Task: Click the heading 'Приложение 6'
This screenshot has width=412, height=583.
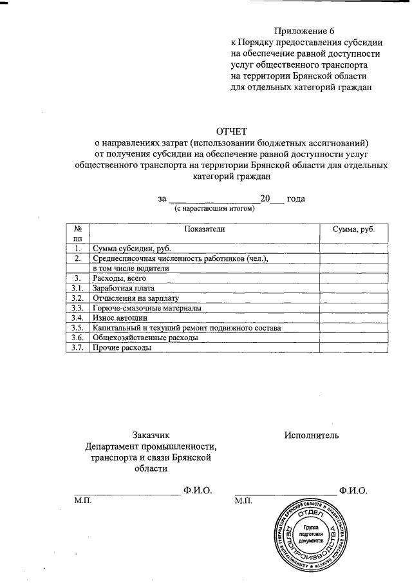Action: click(x=304, y=31)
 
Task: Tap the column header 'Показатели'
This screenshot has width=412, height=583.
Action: click(x=205, y=229)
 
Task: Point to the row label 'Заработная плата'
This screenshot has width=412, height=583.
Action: click(x=124, y=288)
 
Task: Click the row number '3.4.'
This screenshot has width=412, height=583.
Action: click(x=77, y=318)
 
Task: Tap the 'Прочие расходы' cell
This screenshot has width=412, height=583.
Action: click(x=122, y=348)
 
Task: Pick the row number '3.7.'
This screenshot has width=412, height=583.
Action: click(x=77, y=348)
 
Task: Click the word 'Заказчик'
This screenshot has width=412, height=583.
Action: click(x=151, y=435)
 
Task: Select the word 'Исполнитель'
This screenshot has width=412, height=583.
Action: click(x=312, y=435)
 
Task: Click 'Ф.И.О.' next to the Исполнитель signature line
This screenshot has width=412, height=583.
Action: click(x=353, y=490)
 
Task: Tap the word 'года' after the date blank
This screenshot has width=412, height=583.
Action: click(x=295, y=198)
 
